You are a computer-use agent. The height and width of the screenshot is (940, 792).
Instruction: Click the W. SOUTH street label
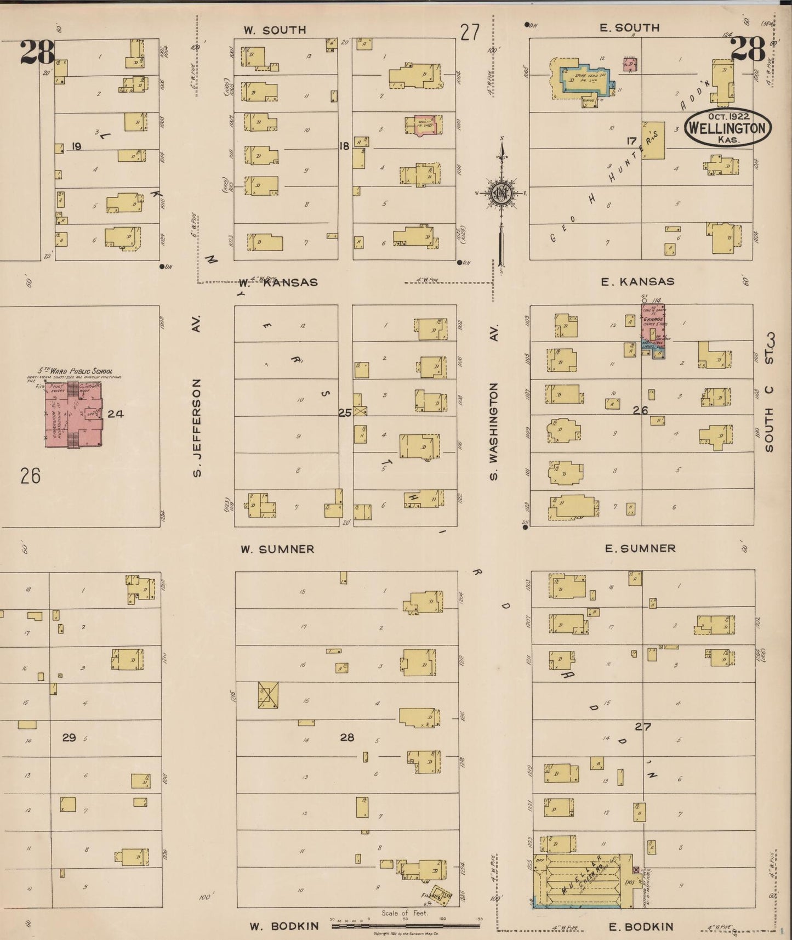(x=275, y=30)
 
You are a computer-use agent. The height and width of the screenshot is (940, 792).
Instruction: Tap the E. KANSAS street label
(x=637, y=281)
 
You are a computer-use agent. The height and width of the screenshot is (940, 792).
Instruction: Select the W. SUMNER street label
(x=277, y=548)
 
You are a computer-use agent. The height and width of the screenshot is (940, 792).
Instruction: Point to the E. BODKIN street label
(x=641, y=926)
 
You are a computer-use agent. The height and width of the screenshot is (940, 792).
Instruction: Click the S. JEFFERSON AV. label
(x=197, y=395)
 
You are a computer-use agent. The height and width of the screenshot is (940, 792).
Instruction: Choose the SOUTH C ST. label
(x=770, y=392)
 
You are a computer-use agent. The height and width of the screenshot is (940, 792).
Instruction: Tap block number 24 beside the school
(x=115, y=414)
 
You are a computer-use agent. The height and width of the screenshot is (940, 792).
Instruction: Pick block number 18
(x=344, y=146)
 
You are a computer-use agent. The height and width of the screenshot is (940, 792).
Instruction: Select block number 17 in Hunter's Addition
(x=631, y=141)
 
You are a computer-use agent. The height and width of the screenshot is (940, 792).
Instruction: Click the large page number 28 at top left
(x=37, y=52)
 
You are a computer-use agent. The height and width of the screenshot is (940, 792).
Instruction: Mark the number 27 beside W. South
(x=470, y=33)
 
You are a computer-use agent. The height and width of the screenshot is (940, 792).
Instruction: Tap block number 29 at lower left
(x=69, y=737)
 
